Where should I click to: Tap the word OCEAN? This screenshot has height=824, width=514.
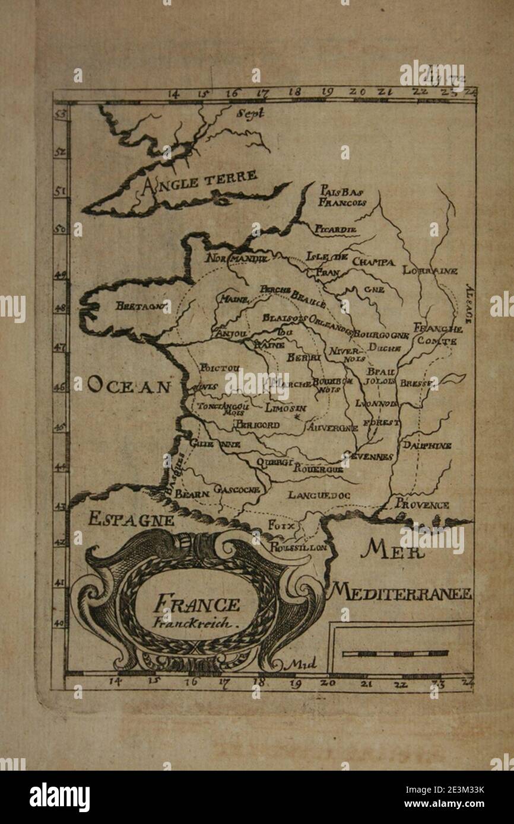(129, 387)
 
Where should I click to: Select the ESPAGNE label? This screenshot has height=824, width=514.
(131, 520)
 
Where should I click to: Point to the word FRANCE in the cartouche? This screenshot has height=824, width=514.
(196, 605)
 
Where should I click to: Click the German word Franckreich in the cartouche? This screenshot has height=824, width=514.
(195, 624)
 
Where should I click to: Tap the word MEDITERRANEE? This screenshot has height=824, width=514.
(401, 592)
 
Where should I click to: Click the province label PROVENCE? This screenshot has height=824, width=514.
(422, 505)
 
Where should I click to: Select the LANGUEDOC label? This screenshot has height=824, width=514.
(319, 494)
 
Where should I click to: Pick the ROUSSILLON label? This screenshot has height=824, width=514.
(299, 548)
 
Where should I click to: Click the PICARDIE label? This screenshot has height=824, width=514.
(336, 229)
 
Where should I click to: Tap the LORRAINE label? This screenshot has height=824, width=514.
(430, 271)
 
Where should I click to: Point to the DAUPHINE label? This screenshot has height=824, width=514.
(427, 445)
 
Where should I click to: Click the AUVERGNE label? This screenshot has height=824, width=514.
(332, 427)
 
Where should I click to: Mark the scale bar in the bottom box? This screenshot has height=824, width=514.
(395, 654)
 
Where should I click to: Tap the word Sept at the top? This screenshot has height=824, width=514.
(249, 113)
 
